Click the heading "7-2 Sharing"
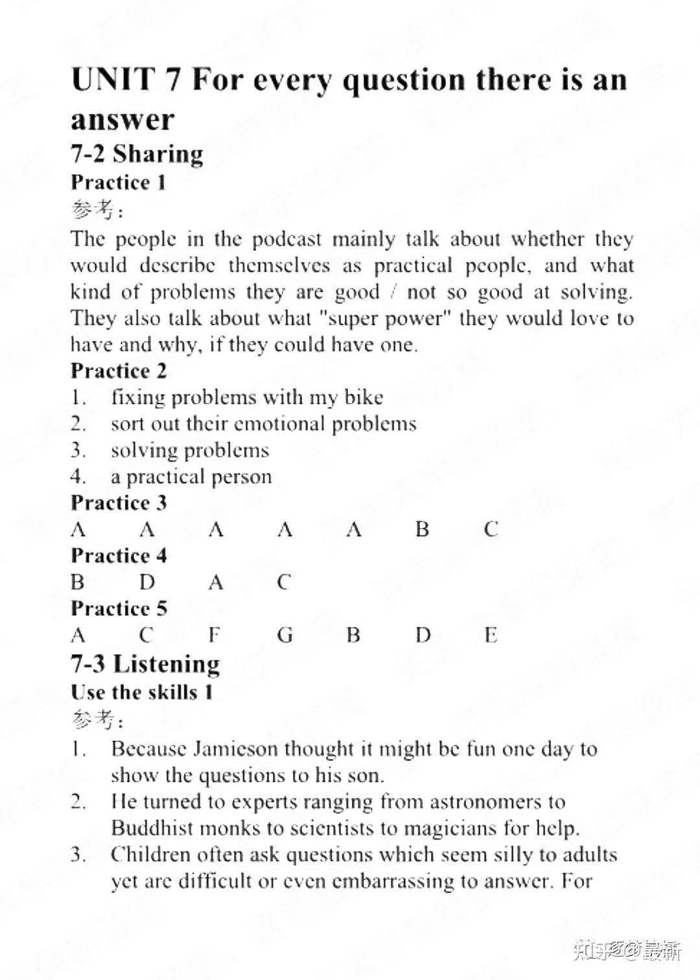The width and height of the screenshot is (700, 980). (137, 154)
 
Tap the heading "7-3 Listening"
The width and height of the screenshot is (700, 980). (145, 664)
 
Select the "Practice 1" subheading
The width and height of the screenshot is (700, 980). (119, 183)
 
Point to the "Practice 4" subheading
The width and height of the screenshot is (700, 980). (119, 556)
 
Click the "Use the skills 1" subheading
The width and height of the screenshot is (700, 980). (142, 692)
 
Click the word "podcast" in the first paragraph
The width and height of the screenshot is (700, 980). (286, 240)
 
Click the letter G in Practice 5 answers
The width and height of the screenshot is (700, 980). (285, 635)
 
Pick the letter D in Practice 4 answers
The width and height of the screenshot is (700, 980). (147, 582)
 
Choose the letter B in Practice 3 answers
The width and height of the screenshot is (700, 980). (423, 530)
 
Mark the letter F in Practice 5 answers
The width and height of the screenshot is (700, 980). (215, 635)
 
